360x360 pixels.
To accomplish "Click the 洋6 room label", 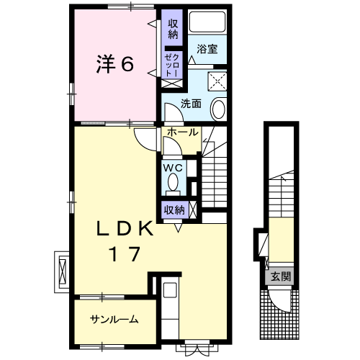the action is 115,64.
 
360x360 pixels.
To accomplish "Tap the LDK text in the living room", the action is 125,228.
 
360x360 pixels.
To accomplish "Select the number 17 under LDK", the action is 125,254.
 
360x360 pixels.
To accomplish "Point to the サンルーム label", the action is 114,320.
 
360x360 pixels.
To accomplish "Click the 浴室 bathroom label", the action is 207,49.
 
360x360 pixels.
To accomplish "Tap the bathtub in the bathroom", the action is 207,22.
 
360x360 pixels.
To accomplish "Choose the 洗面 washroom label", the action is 191,104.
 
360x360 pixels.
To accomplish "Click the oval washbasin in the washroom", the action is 219,109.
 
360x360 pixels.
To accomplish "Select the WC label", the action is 173,168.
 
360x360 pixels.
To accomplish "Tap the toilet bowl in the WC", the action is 173,181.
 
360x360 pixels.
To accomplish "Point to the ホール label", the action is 183,132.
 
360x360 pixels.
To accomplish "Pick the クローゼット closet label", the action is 172,66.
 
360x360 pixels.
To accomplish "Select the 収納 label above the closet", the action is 173,30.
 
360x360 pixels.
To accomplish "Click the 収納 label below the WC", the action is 174,210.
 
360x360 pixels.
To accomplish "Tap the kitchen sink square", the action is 170,290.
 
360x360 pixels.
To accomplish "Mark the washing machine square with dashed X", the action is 217,81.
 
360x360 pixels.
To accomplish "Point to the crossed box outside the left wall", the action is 63,272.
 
